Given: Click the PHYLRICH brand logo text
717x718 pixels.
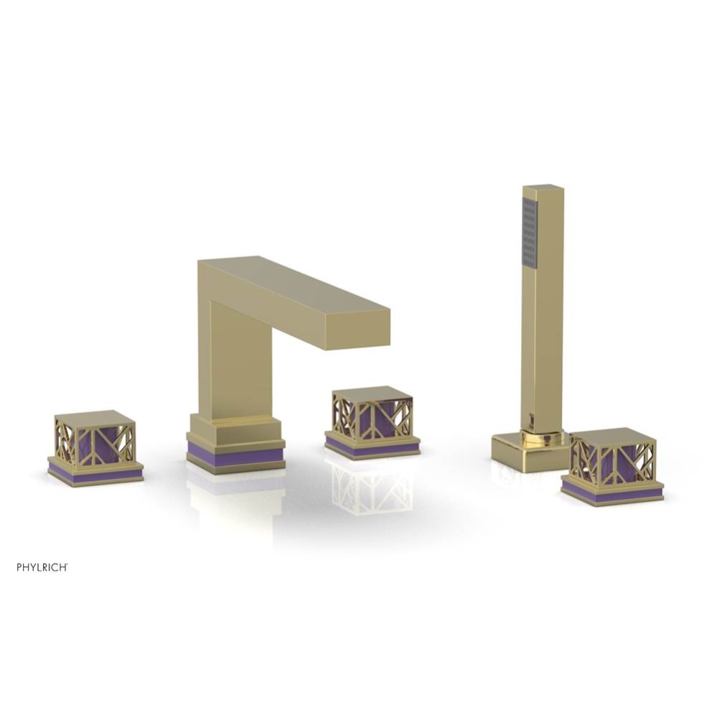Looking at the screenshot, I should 42,567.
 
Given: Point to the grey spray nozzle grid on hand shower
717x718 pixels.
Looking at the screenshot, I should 530,233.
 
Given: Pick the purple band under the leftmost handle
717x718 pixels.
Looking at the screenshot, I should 95,475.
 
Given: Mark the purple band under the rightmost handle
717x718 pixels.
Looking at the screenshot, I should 611,494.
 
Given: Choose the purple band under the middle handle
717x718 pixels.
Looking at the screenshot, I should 372,447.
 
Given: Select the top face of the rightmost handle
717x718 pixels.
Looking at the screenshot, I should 612,436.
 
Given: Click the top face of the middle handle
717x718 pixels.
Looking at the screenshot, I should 372,393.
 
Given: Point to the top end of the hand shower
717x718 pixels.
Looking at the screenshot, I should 543,189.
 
